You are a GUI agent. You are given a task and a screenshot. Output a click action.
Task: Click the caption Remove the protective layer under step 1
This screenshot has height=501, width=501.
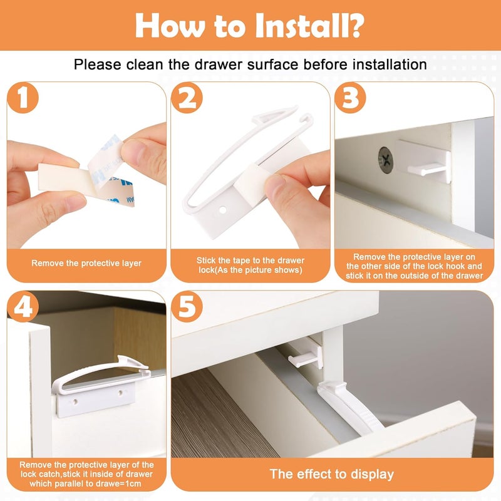pos(86,263)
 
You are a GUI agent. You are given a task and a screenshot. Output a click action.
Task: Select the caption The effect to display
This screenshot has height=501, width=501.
pos(331,473)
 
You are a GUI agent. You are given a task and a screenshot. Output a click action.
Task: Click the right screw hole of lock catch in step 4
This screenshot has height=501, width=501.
pos(121,393)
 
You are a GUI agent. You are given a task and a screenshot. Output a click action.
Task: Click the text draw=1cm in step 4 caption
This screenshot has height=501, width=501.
pos(126,483)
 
